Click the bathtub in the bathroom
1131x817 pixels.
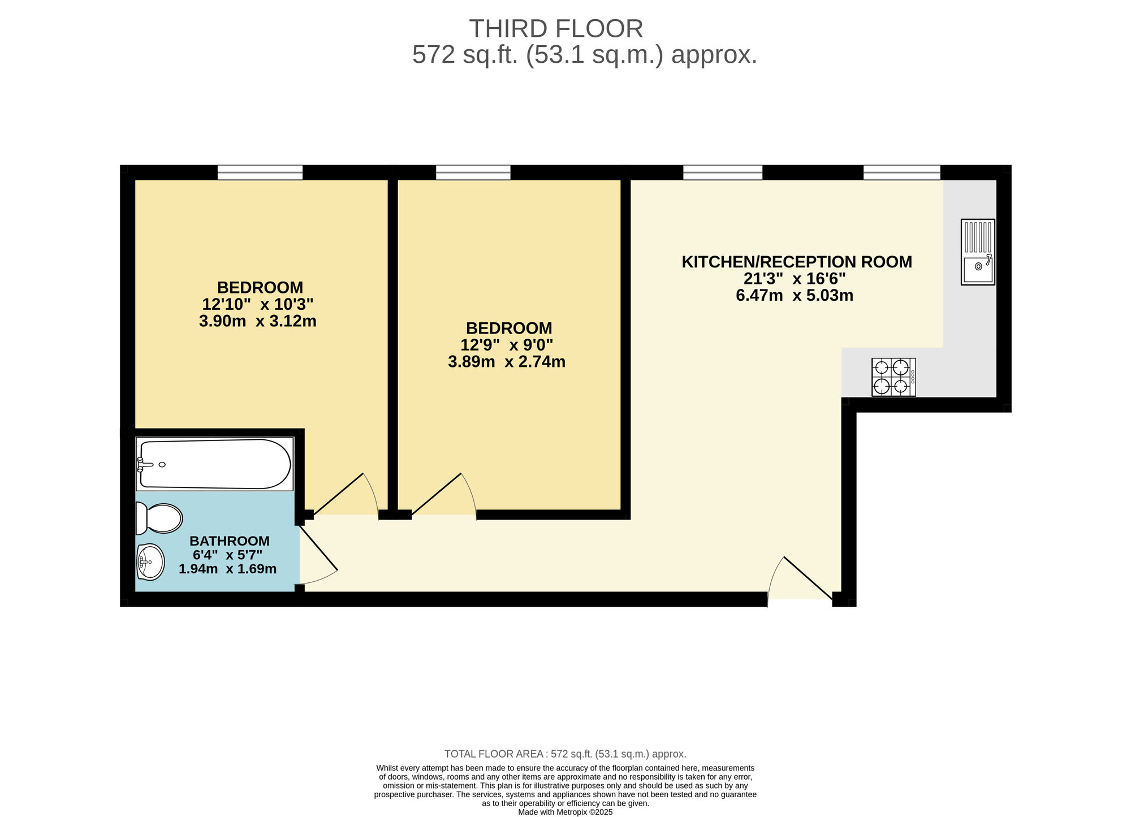tap(214, 464)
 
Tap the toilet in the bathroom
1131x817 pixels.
tap(159, 518)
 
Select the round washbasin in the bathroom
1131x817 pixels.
tap(150, 561)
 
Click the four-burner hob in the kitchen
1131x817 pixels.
tap(893, 377)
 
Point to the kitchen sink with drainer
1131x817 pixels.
tap(978, 252)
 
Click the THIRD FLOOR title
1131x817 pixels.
tap(556, 29)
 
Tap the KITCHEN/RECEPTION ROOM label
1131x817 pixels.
tap(797, 262)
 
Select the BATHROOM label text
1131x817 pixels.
tap(230, 541)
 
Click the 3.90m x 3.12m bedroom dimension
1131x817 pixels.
tap(258, 322)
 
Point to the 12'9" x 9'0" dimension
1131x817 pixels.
tap(507, 345)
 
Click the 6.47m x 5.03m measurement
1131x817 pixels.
tap(795, 295)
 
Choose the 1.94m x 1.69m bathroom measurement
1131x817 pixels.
tap(228, 569)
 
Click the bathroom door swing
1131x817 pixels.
tap(318, 555)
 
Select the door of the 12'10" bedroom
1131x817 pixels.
tap(345, 495)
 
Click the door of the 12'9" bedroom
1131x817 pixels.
tap(444, 495)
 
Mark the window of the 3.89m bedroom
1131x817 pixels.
tap(473, 172)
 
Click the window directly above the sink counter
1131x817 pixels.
tap(902, 172)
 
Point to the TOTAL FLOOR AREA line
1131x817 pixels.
tap(565, 754)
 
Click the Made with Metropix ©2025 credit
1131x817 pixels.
tap(565, 812)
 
